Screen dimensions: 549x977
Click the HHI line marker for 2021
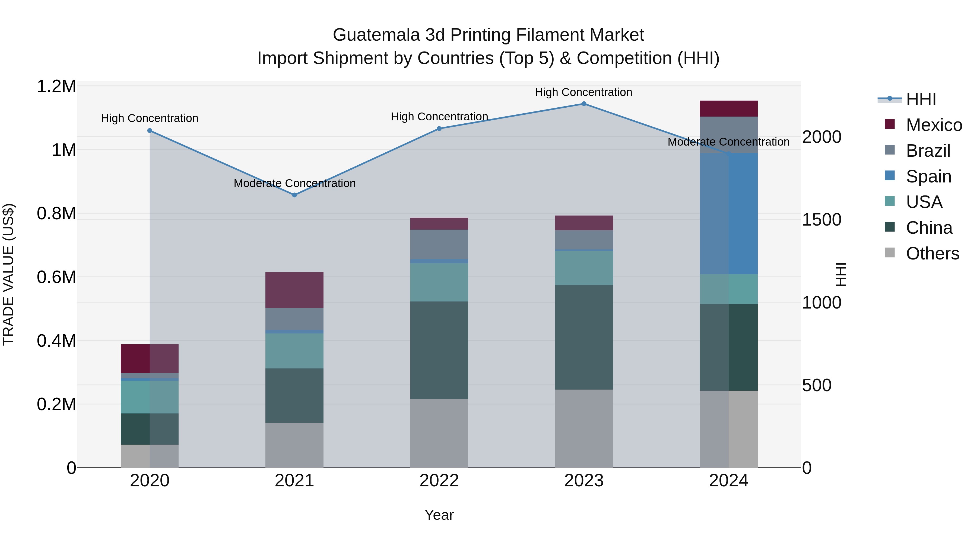point(294,195)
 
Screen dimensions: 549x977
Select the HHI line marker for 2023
point(584,104)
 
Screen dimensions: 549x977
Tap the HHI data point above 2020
point(150,131)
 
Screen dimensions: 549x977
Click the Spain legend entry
point(928,176)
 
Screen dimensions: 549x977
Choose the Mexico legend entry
point(933,125)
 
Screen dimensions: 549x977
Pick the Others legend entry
point(932,253)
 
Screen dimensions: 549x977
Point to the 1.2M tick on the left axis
point(56,86)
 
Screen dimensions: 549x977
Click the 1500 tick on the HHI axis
point(821,220)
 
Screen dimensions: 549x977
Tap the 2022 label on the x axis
point(439,481)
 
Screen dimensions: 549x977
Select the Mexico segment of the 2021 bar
point(294,290)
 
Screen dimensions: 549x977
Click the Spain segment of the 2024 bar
point(729,213)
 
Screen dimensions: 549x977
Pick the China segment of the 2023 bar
point(584,337)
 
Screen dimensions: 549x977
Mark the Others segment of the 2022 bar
point(439,433)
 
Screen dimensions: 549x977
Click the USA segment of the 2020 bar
point(150,397)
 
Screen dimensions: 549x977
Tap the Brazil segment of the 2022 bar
point(439,244)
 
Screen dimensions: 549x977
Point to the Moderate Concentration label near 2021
point(294,183)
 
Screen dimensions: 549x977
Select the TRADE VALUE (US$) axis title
point(8,274)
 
